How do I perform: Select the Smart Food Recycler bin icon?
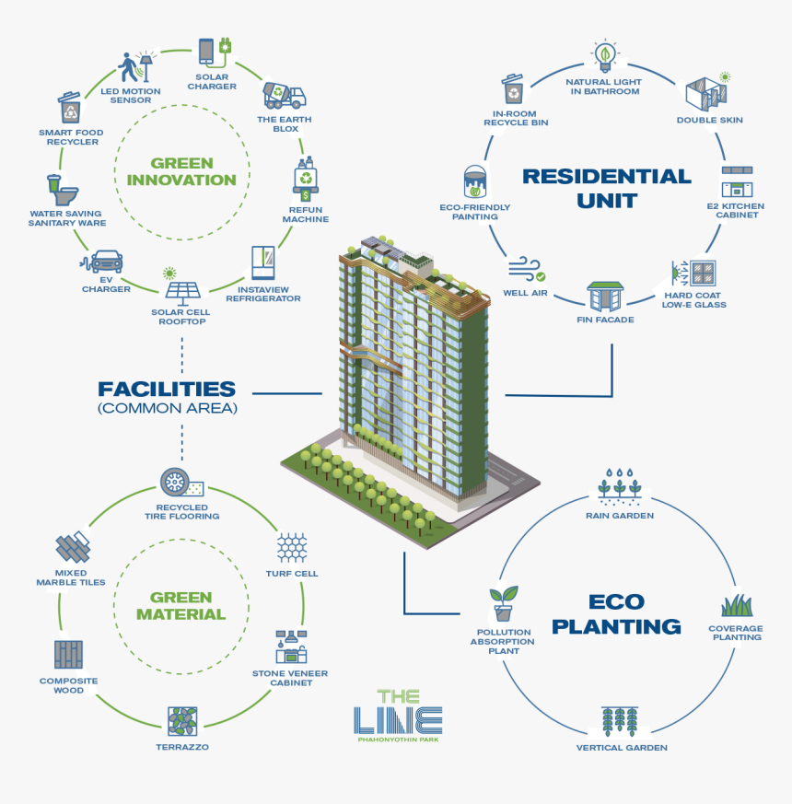click(x=70, y=107)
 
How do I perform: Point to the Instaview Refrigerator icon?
click(x=262, y=263)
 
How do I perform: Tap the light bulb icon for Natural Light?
click(x=604, y=56)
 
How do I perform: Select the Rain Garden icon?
click(x=619, y=487)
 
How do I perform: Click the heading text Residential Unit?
click(x=606, y=187)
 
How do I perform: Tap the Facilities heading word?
click(x=167, y=389)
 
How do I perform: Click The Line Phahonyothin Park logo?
click(x=398, y=716)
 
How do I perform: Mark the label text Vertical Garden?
click(x=622, y=747)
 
